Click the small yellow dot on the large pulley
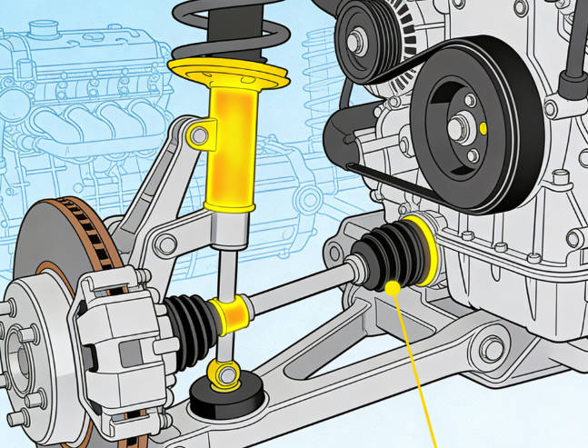tap(483, 128)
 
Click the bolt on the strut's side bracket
tap(197, 136)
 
